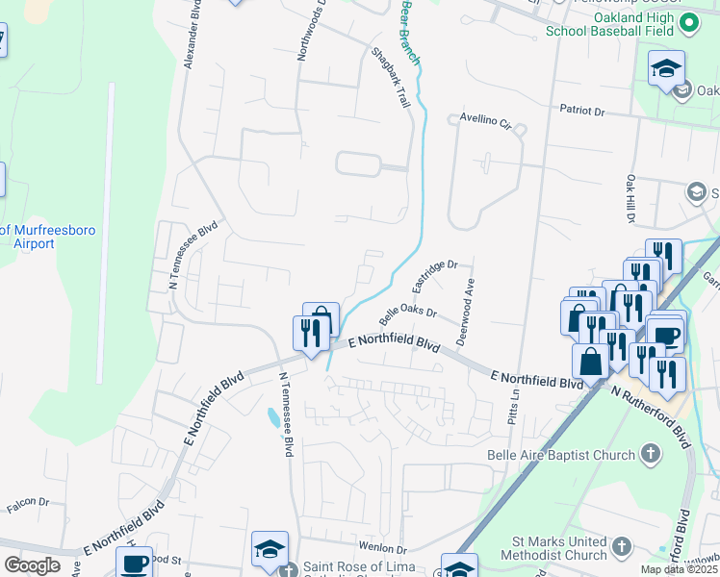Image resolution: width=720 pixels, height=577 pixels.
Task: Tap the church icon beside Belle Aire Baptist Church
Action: pyautogui.click(x=651, y=452)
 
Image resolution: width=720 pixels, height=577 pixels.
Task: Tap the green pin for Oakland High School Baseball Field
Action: pyautogui.click(x=689, y=22)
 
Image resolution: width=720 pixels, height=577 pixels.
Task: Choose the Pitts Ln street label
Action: pyautogui.click(x=515, y=408)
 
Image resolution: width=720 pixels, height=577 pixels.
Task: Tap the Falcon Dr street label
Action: pyautogui.click(x=28, y=501)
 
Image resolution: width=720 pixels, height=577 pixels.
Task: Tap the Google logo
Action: pyautogui.click(x=32, y=565)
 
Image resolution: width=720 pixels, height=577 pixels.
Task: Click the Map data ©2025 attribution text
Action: pyautogui.click(x=679, y=569)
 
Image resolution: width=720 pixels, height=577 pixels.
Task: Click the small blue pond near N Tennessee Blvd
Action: pyautogui.click(x=274, y=417)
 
